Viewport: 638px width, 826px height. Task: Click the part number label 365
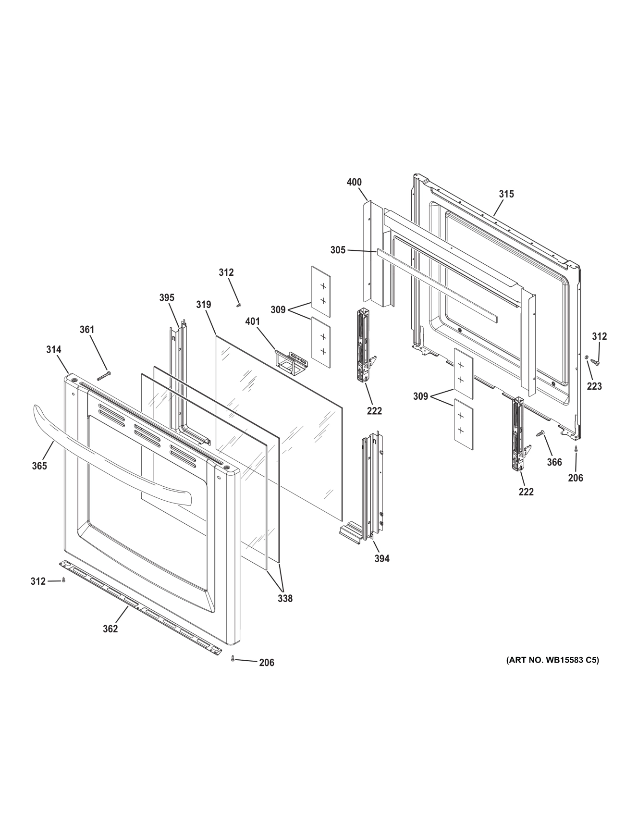tap(39, 466)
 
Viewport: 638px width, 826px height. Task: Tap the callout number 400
tap(354, 182)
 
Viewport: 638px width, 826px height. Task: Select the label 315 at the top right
tap(506, 194)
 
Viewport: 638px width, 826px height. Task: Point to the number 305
tap(338, 250)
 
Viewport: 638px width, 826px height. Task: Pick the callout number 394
tap(382, 558)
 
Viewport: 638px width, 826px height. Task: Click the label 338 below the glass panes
tap(285, 598)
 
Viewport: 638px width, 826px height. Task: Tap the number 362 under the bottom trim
tap(110, 629)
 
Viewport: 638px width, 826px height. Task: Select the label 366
tap(554, 462)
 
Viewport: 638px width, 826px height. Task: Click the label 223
tap(594, 386)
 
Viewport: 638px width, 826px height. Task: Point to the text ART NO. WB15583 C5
tap(552, 660)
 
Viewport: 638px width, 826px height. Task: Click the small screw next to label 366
tap(540, 433)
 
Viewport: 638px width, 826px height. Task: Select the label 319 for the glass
tap(203, 304)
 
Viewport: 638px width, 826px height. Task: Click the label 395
tap(167, 297)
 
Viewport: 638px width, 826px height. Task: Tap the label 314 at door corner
tap(53, 349)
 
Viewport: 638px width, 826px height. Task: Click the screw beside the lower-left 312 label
tap(63, 580)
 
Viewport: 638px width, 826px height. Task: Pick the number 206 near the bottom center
tap(267, 662)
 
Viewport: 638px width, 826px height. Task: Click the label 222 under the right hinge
tap(526, 492)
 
